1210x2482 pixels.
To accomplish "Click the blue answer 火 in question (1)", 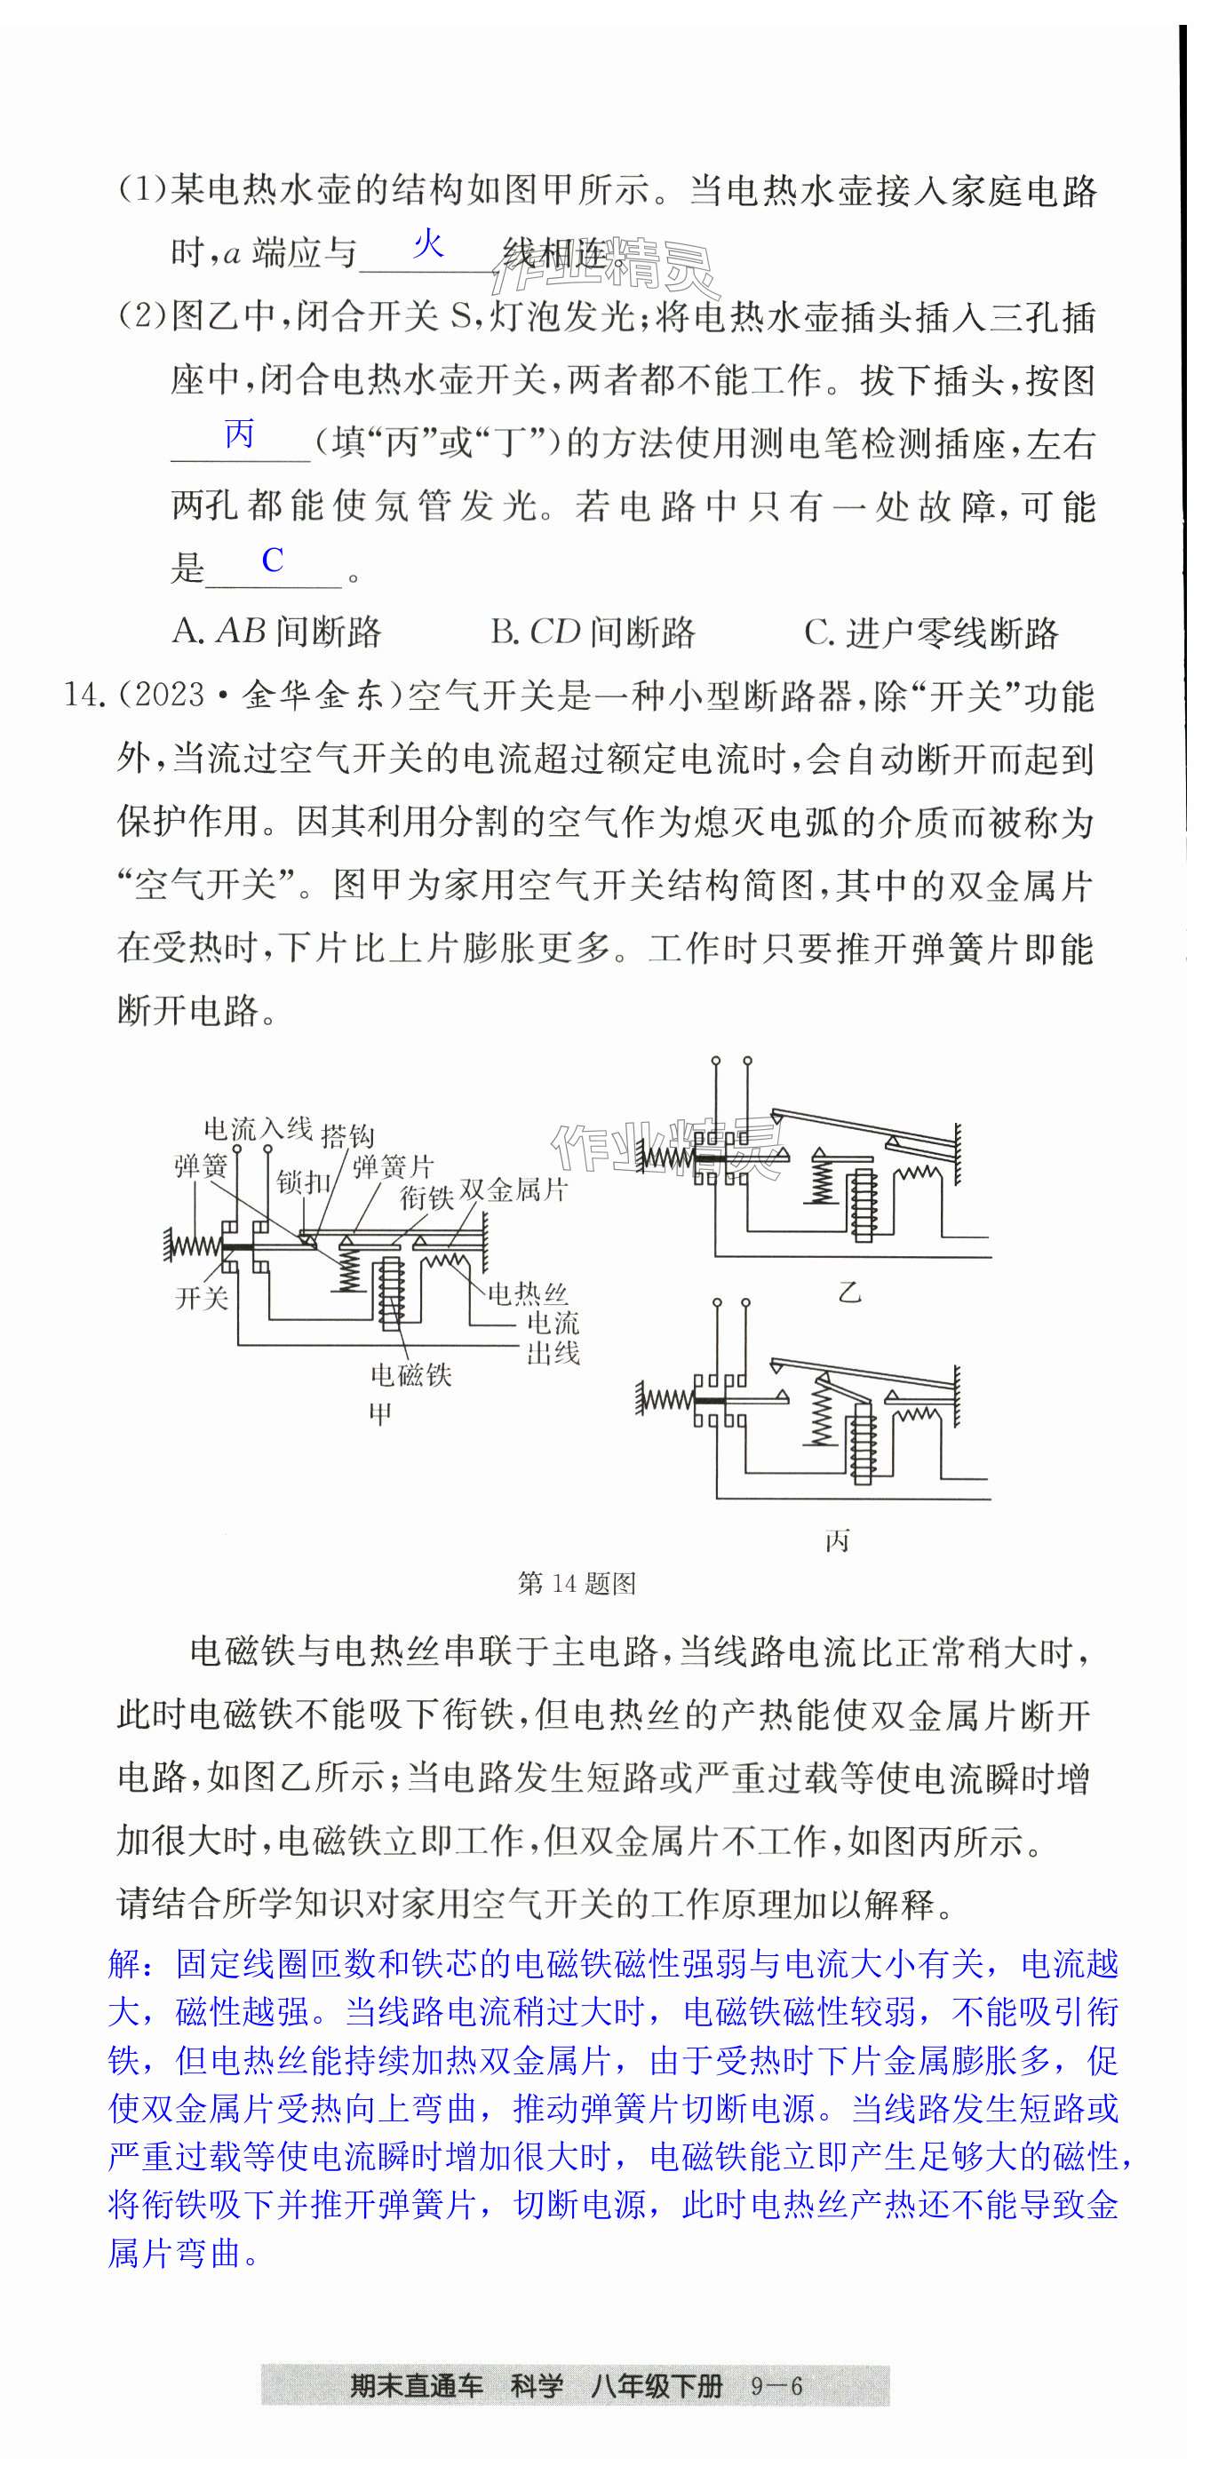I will [x=427, y=244].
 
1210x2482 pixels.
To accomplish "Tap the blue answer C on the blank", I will [x=273, y=560].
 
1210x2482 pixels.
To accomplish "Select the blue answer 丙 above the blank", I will [x=240, y=434].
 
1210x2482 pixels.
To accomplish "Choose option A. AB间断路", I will [x=277, y=632].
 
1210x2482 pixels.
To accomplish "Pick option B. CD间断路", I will [x=593, y=632].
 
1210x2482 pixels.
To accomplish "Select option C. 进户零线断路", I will [x=931, y=632].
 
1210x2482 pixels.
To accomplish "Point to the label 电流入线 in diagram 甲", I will [x=258, y=1128].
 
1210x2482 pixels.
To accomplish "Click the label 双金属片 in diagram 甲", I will [x=513, y=1190].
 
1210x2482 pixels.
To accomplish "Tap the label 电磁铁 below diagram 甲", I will [x=411, y=1374].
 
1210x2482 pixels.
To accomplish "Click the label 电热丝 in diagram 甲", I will [x=527, y=1293].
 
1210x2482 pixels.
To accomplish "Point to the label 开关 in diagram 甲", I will [x=202, y=1298].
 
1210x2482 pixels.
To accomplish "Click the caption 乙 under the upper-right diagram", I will [x=848, y=1292].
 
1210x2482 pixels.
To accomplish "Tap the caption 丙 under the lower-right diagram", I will [x=837, y=1541].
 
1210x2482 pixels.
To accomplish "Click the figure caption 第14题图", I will [x=576, y=1583].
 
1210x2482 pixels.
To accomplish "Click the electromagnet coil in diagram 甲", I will [x=391, y=1292].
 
